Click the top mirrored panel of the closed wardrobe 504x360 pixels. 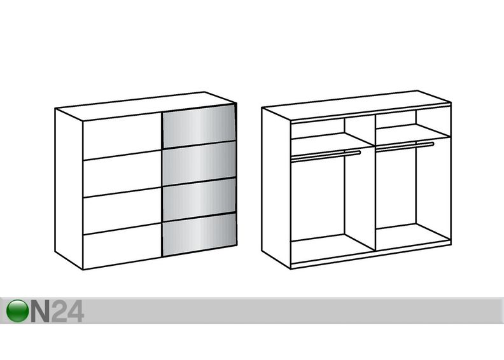coord(199,125)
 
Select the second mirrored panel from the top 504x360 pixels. coord(199,162)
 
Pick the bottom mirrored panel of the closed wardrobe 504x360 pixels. coord(200,234)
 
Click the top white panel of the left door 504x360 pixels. coord(122,135)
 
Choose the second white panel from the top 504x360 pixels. coord(122,174)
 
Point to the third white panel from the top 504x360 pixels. coord(122,211)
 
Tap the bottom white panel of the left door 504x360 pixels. coord(122,246)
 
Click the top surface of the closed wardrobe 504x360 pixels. coord(145,106)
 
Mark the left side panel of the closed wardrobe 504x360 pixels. coord(69,189)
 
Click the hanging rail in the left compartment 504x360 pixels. coord(325,155)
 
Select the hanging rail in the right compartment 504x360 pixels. coord(405,146)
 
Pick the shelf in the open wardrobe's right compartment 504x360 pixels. coord(412,132)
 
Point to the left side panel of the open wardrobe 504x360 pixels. coord(276,188)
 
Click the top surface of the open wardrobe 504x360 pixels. coord(356,106)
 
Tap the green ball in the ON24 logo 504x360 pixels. coord(18,311)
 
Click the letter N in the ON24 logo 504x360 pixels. coord(40,311)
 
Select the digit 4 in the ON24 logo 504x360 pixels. coord(76,311)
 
